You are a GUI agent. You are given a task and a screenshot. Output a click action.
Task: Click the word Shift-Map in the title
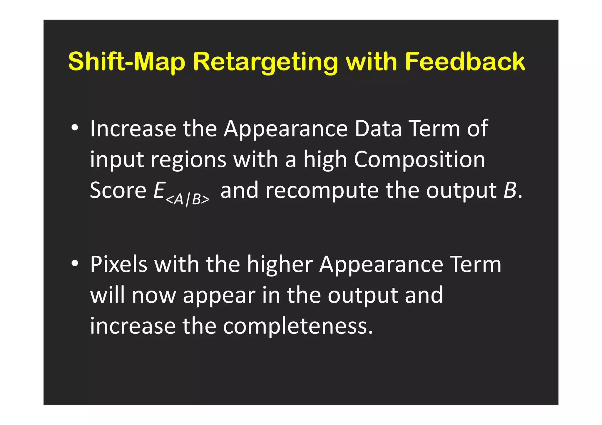click(127, 62)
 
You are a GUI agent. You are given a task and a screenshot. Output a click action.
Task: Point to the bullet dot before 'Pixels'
click(75, 264)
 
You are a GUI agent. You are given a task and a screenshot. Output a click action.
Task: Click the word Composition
click(419, 160)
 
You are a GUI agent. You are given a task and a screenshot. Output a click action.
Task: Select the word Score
click(118, 190)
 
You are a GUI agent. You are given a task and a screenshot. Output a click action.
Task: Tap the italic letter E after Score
click(159, 190)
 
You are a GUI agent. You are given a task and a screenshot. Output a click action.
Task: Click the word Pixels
click(118, 264)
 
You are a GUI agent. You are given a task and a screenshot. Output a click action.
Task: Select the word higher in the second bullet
click(280, 264)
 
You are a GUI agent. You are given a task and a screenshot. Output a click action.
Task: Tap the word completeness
click(298, 326)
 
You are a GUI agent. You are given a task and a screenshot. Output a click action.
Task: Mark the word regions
click(188, 160)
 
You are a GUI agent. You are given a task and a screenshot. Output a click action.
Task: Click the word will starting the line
click(107, 295)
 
